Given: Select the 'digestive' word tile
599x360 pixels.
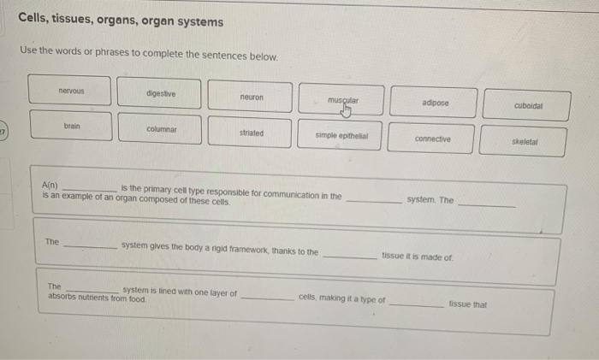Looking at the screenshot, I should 161,93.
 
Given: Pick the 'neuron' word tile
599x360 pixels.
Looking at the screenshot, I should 252,97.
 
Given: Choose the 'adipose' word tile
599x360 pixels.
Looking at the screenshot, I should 435,103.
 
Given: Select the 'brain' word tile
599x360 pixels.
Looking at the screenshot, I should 72,125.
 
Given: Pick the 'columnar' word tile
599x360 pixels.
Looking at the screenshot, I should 161,128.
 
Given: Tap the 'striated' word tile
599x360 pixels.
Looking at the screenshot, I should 252,133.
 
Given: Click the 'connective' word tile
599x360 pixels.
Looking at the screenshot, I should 432,139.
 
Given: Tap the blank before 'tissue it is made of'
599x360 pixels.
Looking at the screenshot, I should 350,255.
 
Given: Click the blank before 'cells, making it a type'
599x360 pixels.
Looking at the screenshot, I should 268,298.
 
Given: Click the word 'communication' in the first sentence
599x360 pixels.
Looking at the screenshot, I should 282,196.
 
